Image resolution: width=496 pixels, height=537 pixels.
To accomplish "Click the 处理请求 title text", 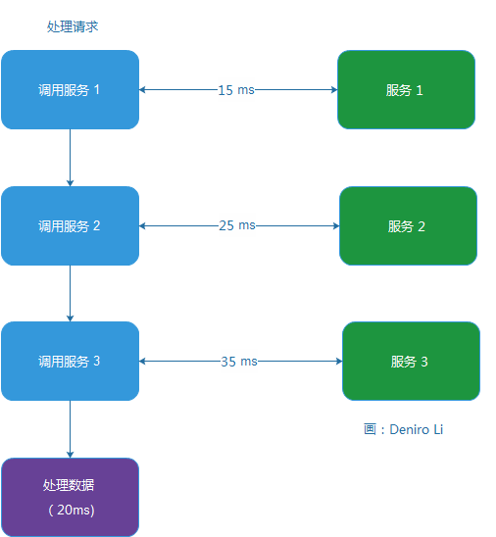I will click(73, 26).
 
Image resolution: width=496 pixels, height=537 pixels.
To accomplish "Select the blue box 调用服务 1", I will click(70, 90).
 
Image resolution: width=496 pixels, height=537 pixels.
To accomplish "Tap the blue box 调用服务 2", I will click(70, 225).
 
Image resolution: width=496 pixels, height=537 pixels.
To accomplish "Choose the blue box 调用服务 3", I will click(70, 361).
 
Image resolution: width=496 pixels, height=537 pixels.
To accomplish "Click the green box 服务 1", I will click(406, 90).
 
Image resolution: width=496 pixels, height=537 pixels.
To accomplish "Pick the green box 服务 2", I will click(408, 225).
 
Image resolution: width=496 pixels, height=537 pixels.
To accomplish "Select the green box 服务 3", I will click(411, 361).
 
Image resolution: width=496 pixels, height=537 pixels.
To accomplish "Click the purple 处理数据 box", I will click(70, 497).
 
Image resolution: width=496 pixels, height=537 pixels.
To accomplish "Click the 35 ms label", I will click(238, 361).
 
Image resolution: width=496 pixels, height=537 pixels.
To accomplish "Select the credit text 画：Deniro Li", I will click(403, 429).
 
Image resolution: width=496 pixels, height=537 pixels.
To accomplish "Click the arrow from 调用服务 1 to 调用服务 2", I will click(70, 158).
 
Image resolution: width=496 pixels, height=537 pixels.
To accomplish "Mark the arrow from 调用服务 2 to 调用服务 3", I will click(70, 293).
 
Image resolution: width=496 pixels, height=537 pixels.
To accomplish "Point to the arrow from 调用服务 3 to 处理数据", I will click(70, 429).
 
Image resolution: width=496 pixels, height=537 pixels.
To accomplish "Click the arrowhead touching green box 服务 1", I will click(333, 90).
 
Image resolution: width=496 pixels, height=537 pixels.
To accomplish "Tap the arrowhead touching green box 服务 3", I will click(337, 361).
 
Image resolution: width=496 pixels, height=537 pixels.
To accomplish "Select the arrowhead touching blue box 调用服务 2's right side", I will click(144, 225).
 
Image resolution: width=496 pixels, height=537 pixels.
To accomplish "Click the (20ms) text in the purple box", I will click(70, 511).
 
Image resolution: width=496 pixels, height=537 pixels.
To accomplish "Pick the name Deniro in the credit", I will click(409, 429).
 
